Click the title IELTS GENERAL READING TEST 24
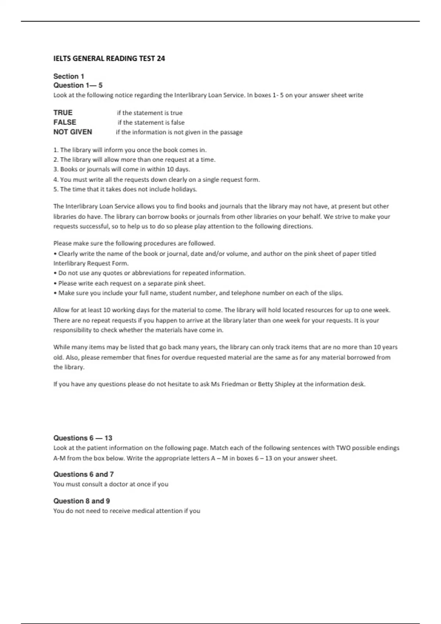[x=109, y=58]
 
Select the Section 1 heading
[x=69, y=76]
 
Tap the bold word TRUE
[x=63, y=113]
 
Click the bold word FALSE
[x=65, y=122]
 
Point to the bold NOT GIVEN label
[x=73, y=132]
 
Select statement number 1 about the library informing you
[x=130, y=150]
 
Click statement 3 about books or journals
[x=122, y=169]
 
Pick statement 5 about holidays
[x=125, y=189]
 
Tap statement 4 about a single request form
[x=157, y=179]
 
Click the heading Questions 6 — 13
[x=83, y=438]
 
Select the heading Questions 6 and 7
[x=83, y=474]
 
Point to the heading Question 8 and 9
[x=82, y=501]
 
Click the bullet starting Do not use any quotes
[x=150, y=273]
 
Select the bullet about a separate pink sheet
[x=130, y=283]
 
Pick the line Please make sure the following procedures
[x=134, y=243]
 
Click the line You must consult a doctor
[x=111, y=484]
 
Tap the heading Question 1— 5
[x=78, y=86]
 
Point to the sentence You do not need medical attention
[x=127, y=511]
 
